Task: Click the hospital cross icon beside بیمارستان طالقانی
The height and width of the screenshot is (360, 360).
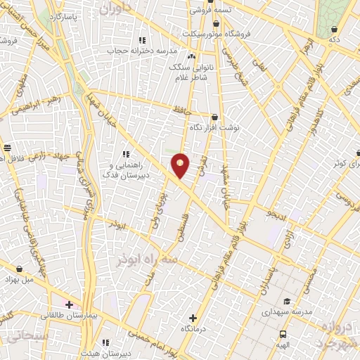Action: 69,304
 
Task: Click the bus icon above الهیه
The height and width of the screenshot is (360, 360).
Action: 283,335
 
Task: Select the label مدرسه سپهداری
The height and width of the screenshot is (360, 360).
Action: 286,310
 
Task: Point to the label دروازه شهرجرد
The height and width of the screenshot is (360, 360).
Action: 335,334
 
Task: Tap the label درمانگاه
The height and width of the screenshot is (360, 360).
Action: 193,328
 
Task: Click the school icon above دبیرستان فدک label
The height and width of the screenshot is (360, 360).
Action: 126,153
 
